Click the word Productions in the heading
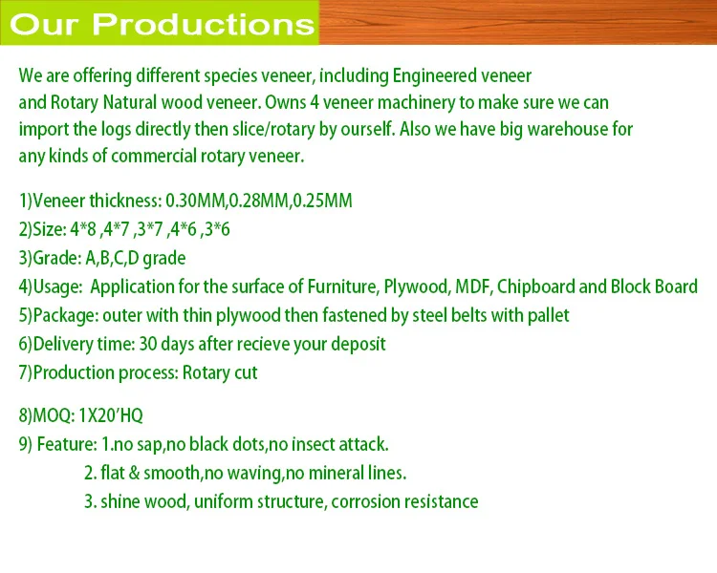coord(204,24)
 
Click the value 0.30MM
coord(195,201)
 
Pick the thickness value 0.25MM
coord(323,201)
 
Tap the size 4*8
coord(83,229)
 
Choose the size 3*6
coord(217,229)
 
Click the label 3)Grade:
coord(50,258)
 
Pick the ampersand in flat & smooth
coord(134,473)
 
